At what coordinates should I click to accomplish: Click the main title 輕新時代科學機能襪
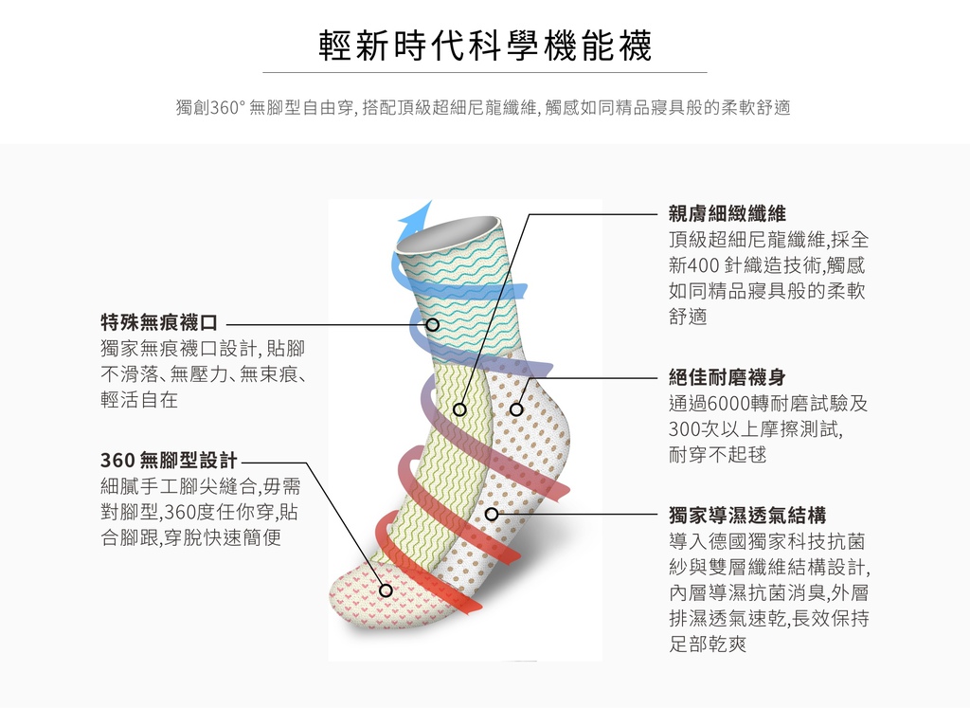(485, 45)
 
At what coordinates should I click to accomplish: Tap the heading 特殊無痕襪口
(159, 322)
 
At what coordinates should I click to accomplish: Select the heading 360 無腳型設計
(169, 461)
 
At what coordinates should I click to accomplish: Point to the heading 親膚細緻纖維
(727, 214)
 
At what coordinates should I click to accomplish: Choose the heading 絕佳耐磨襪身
(727, 377)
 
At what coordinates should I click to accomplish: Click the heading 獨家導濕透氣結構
(747, 515)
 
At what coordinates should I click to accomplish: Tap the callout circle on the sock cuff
(433, 324)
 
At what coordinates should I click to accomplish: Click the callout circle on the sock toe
(386, 590)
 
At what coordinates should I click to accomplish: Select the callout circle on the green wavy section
(459, 409)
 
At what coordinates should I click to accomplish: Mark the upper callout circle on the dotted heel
(516, 409)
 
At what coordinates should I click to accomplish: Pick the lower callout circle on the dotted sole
(492, 515)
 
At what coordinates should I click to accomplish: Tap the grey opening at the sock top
(447, 233)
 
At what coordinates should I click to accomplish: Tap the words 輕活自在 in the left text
(139, 400)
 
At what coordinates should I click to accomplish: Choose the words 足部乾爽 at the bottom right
(708, 644)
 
